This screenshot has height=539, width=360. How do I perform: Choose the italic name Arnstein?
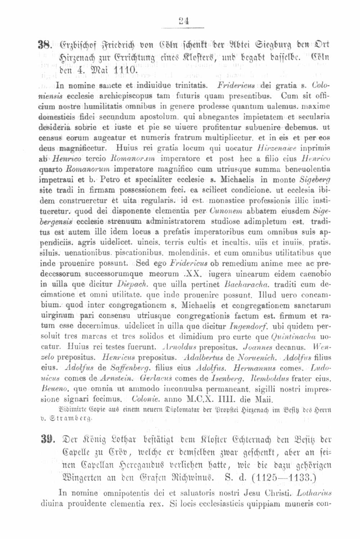click(117, 379)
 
